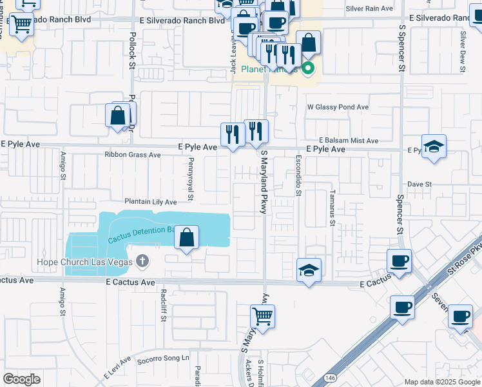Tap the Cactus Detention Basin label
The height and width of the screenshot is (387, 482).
click(x=142, y=233)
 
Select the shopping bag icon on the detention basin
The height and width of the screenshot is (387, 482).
click(x=186, y=237)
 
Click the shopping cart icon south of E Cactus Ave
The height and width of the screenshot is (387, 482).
click(x=263, y=317)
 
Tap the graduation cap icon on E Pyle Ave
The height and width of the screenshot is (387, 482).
click(x=434, y=146)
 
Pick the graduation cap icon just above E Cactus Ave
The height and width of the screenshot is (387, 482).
click(x=309, y=270)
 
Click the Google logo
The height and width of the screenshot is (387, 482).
click(x=21, y=379)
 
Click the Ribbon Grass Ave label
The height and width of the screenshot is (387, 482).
click(x=133, y=155)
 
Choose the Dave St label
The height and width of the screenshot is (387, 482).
click(x=419, y=184)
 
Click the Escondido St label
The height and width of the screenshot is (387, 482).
click(x=298, y=175)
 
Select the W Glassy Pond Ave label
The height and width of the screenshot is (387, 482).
click(x=338, y=107)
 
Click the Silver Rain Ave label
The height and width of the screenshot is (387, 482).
click(x=369, y=9)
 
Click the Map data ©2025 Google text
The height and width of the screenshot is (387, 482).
click(x=442, y=381)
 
